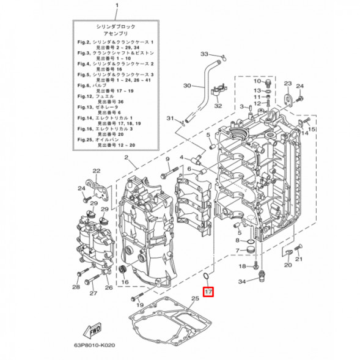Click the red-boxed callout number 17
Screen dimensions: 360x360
coord(208,292)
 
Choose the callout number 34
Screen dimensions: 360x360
coord(242,282)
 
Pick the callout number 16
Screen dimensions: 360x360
coord(125,282)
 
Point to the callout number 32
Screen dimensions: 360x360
coord(217,105)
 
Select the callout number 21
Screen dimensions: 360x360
coord(299,259)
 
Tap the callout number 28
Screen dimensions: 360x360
coord(75,287)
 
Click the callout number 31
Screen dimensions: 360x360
coord(172,118)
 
